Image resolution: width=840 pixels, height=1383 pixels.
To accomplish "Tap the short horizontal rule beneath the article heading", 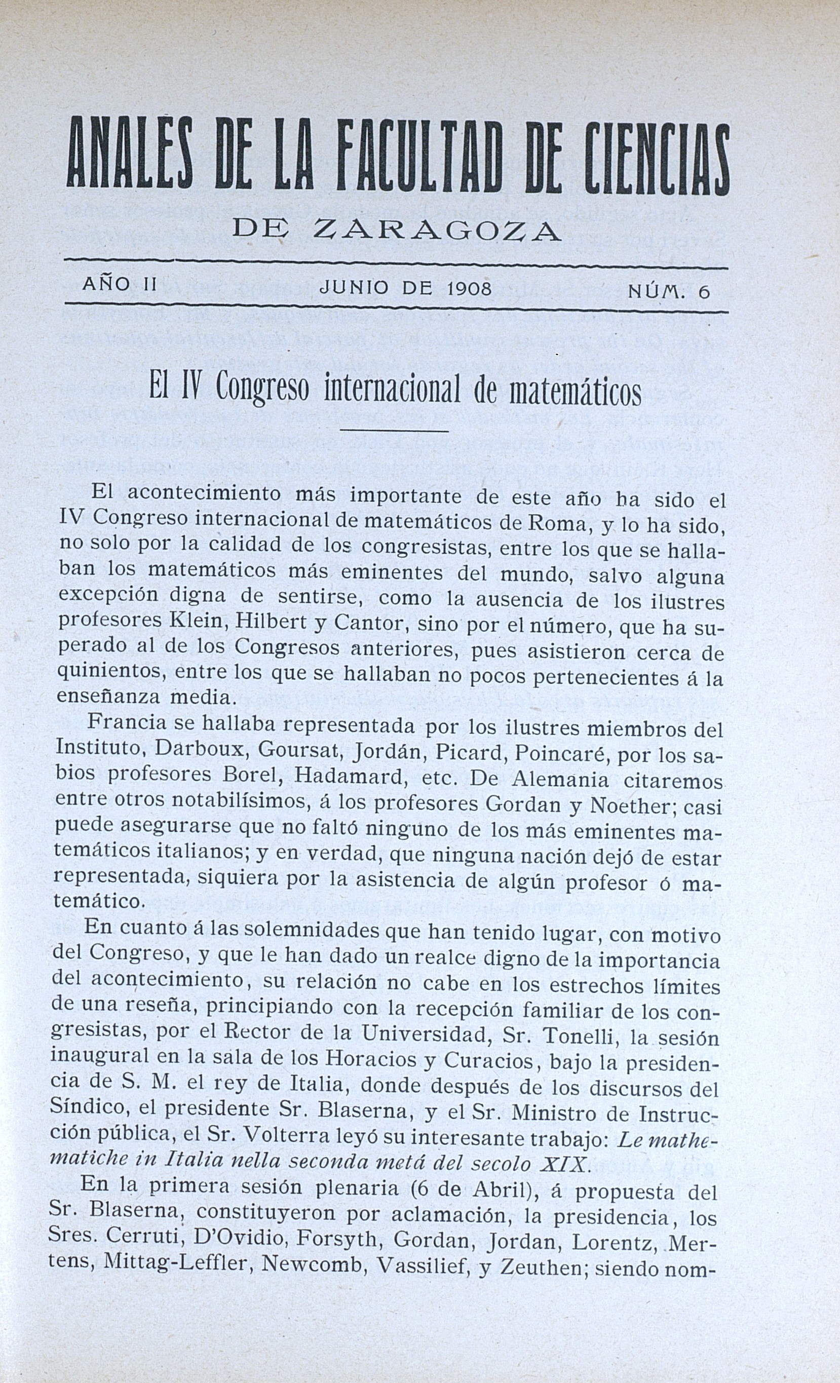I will coord(394,431).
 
